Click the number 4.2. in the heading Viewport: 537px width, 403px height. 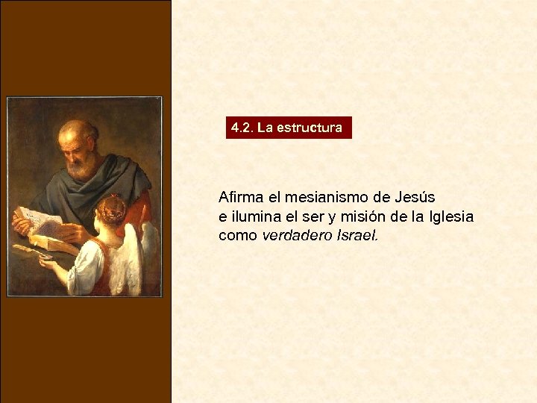click(x=242, y=128)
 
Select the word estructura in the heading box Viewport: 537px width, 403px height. click(x=310, y=128)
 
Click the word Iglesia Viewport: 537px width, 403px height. click(x=451, y=216)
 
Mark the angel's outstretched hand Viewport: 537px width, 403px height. click(x=46, y=263)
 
